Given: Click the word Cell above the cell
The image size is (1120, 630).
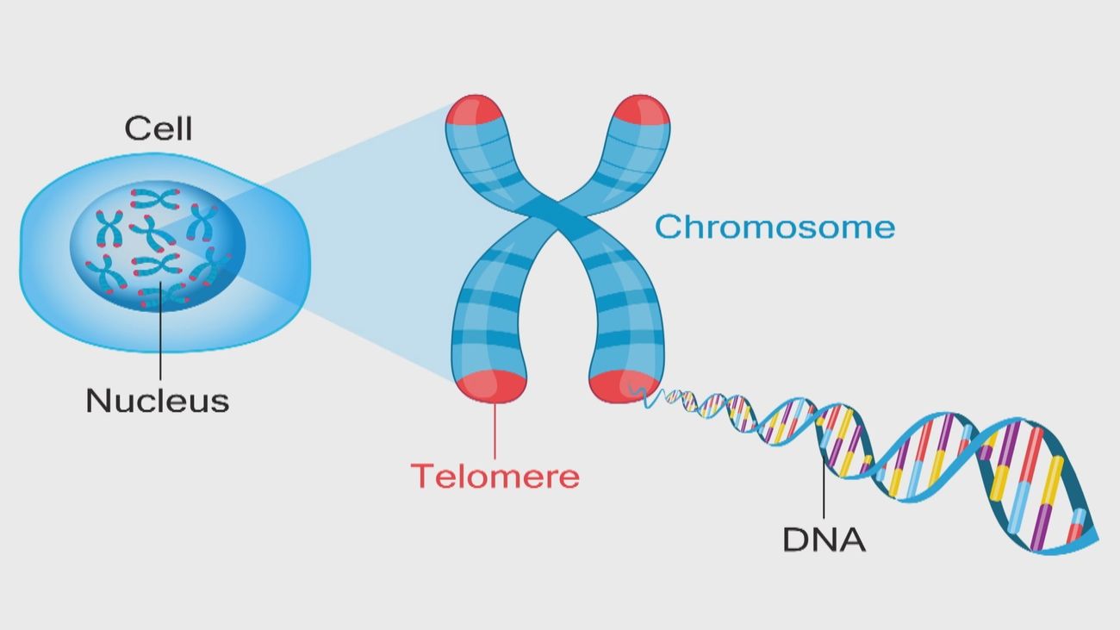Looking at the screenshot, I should tap(159, 128).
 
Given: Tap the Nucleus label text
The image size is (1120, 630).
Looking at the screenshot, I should tap(157, 400).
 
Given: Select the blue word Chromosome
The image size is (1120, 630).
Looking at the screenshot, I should tap(774, 228).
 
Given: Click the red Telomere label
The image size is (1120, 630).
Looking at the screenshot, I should tap(495, 476).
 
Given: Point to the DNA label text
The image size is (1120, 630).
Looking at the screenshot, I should tap(824, 540).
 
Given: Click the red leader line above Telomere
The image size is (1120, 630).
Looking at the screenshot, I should tap(495, 431).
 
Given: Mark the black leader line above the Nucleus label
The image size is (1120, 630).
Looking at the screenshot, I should tap(159, 336).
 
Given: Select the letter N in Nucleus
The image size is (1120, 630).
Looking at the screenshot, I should tap(96, 400).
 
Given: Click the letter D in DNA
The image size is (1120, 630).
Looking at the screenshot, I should tap(794, 540).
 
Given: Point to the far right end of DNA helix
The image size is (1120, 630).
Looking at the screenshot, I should tap(1092, 540).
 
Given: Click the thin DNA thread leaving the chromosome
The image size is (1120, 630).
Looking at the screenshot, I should tap(655, 397).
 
